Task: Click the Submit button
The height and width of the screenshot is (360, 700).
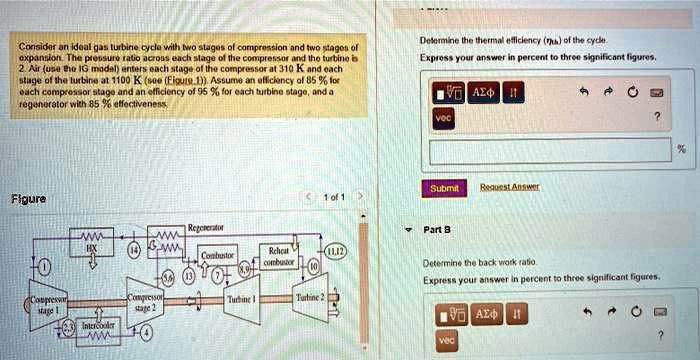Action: [x=444, y=188]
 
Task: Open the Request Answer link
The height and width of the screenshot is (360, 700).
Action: [x=510, y=186]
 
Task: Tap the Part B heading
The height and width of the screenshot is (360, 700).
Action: [x=438, y=229]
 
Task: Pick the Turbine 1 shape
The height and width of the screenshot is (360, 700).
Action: [x=243, y=299]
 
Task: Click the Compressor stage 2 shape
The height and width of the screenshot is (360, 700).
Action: [x=146, y=302]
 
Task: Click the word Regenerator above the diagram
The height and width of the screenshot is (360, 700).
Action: [x=205, y=229]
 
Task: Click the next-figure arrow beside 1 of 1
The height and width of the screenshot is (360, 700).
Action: [x=365, y=197]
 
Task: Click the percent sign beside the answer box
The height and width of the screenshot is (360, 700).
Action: [x=682, y=151]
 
